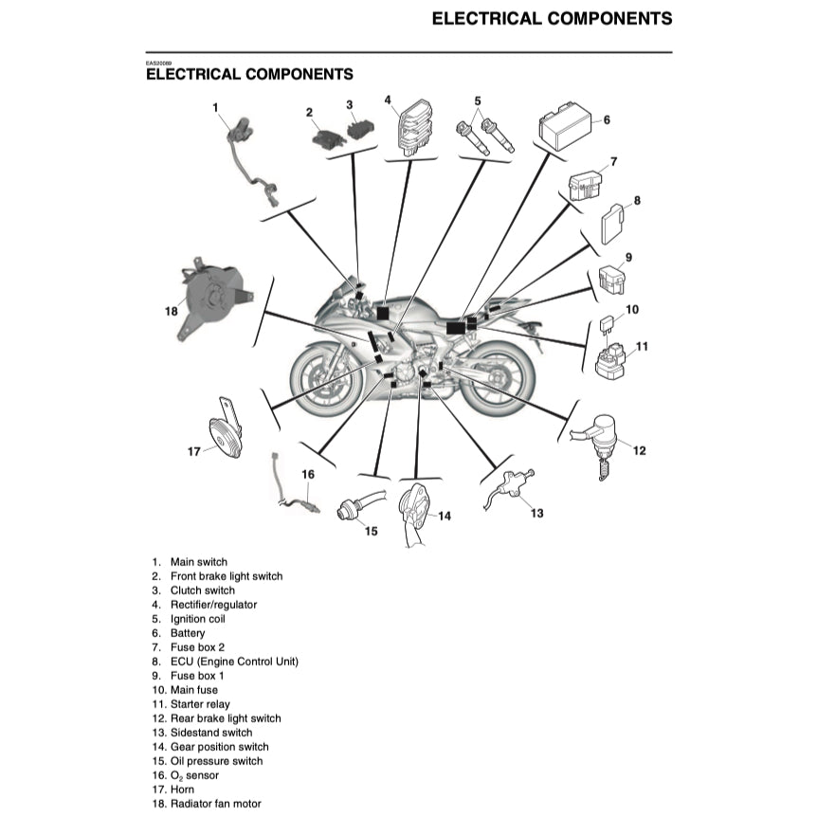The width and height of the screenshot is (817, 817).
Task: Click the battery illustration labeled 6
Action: click(565, 126)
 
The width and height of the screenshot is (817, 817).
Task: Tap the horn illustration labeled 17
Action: click(226, 435)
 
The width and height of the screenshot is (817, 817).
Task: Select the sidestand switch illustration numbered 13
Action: click(512, 488)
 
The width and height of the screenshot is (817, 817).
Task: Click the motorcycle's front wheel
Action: click(327, 379)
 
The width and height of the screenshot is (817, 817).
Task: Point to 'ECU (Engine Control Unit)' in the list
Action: click(234, 662)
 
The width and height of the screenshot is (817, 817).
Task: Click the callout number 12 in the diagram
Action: click(639, 450)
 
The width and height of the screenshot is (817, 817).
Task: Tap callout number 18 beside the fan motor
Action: click(171, 310)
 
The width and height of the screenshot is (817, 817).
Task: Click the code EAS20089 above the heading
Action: click(158, 63)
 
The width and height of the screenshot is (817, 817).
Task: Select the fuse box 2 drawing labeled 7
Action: click(587, 187)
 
